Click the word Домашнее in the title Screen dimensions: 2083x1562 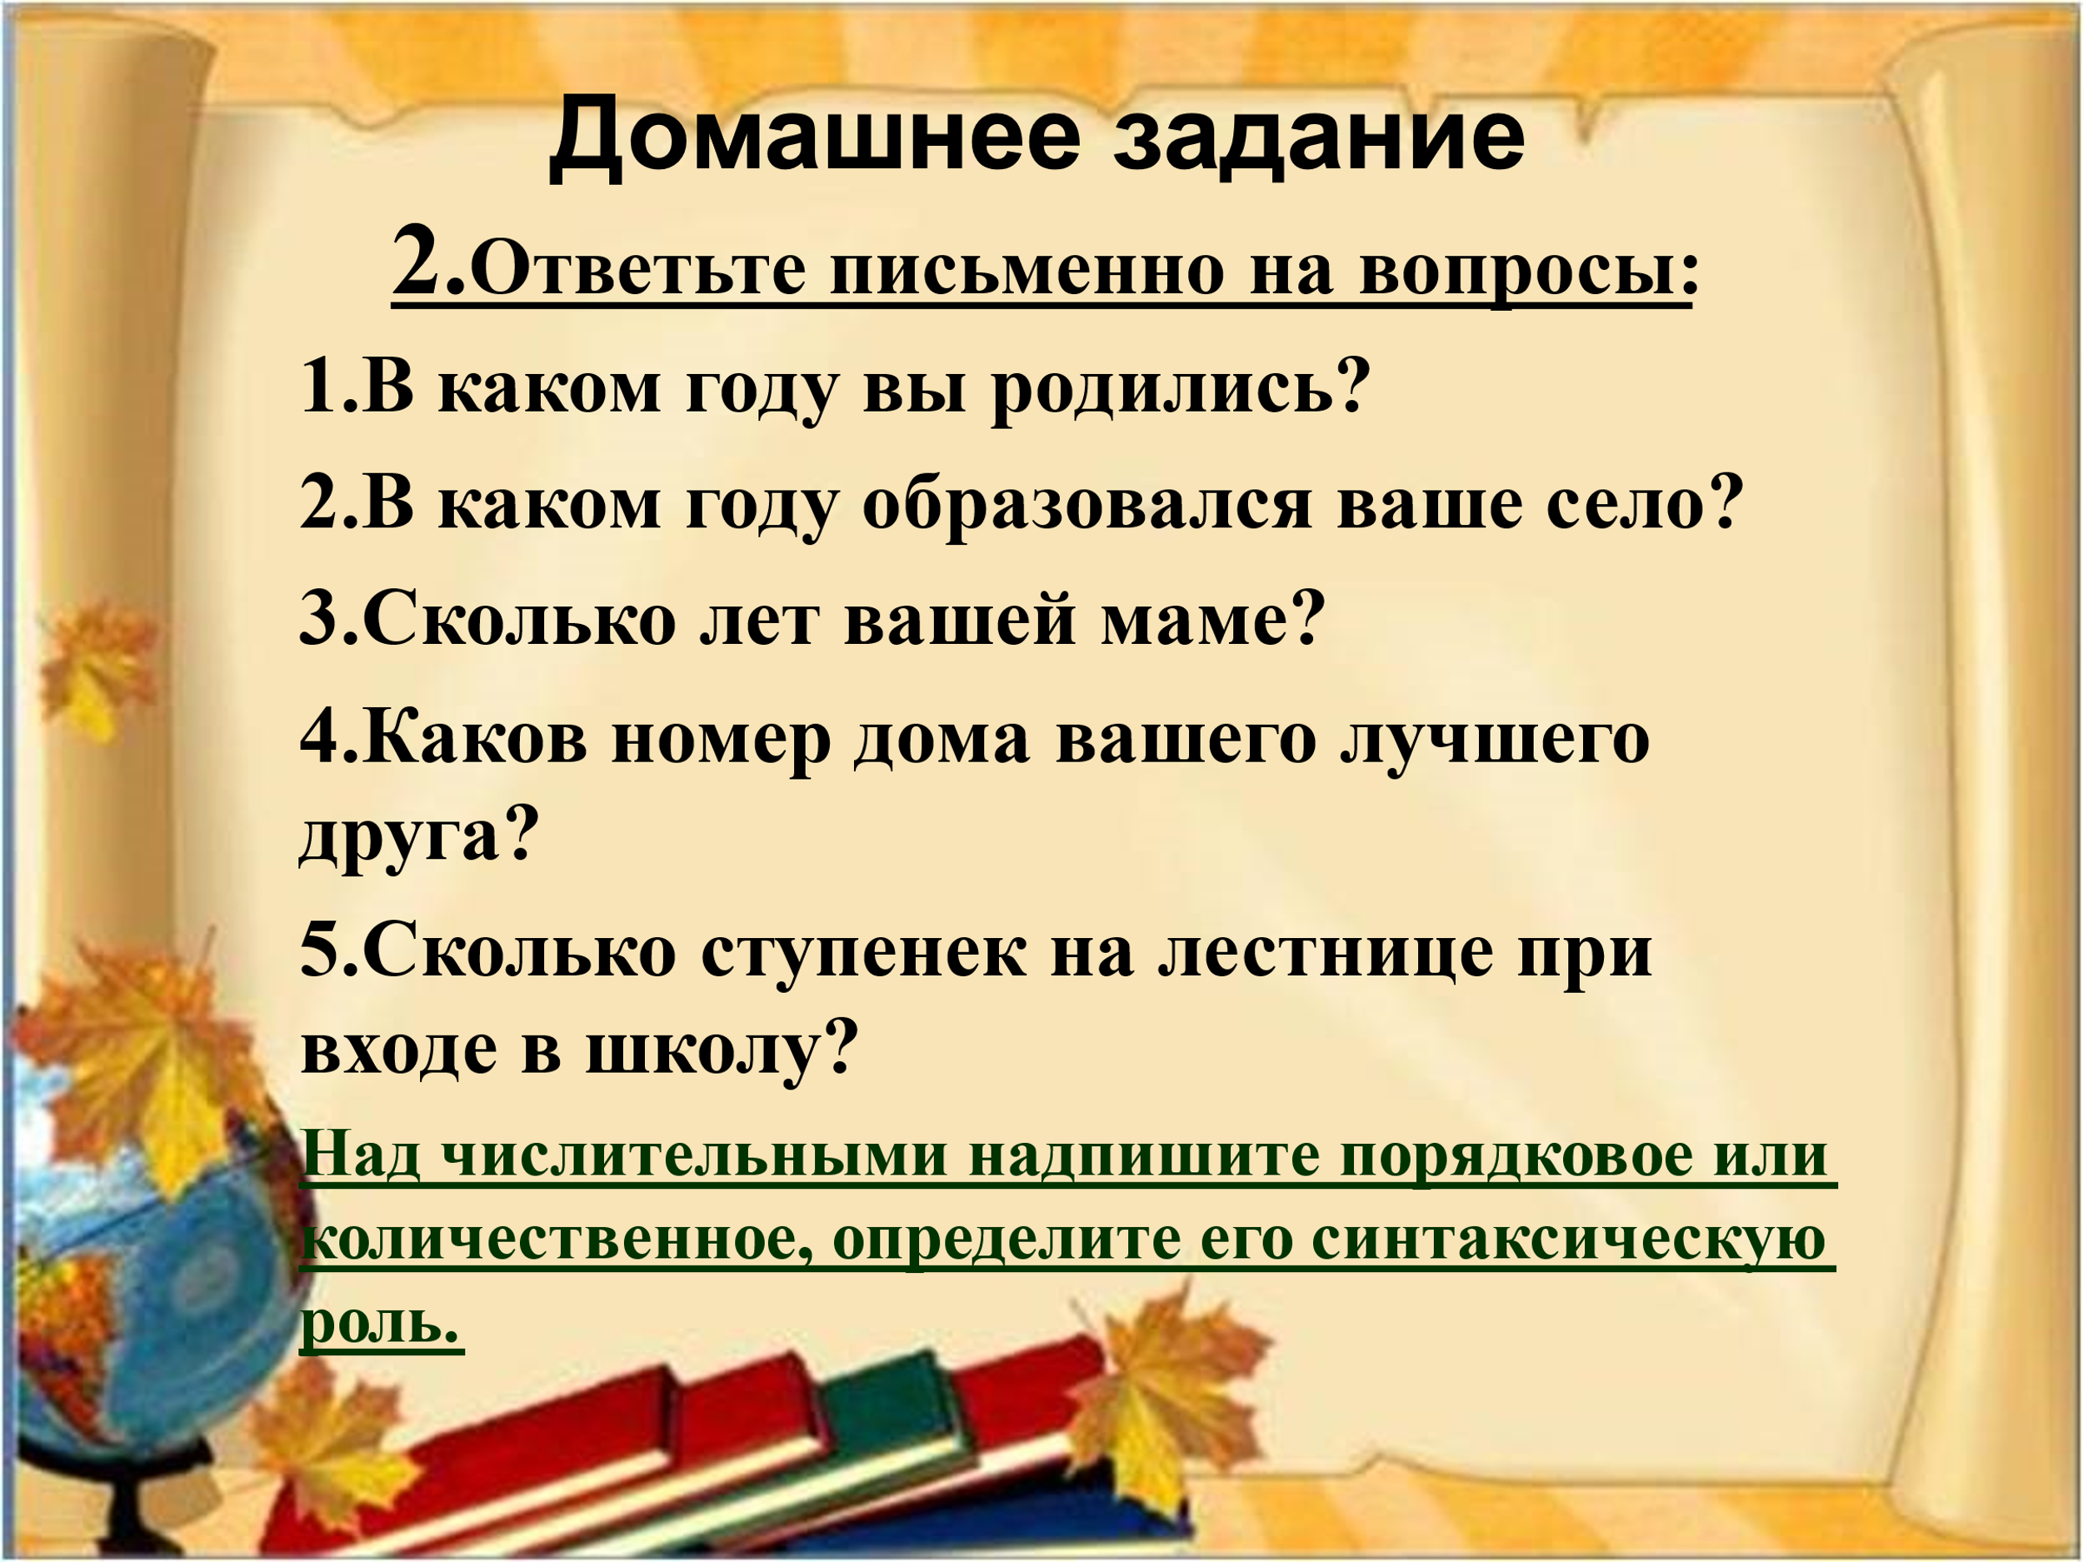point(815,138)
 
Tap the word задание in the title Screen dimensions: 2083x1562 point(1319,138)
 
